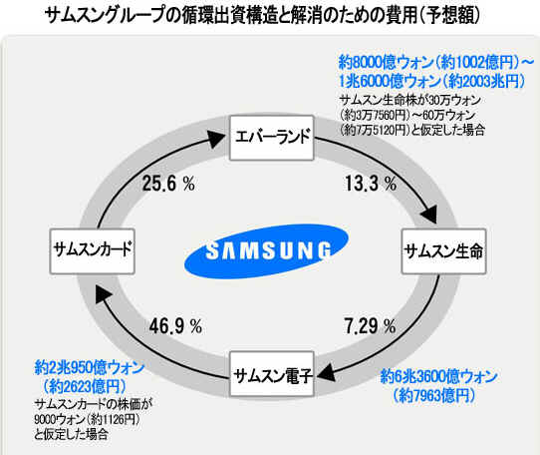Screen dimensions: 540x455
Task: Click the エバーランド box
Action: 272,138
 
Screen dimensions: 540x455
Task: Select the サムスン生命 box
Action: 444,251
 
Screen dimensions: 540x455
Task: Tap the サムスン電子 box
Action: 272,374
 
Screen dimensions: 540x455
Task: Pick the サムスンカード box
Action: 92,251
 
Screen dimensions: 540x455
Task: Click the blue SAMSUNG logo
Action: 266,250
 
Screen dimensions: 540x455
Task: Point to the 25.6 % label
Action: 168,183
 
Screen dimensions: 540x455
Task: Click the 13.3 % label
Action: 371,183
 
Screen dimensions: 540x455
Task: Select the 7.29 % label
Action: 370,326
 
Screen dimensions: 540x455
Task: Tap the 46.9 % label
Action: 175,326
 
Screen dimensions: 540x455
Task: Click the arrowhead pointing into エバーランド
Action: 216,138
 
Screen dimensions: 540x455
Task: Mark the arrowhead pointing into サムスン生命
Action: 429,215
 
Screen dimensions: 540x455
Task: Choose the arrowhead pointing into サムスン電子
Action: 325,372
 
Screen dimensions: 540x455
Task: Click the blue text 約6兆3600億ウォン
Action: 438,376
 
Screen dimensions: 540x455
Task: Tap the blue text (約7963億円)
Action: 433,394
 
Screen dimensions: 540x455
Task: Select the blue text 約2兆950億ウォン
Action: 90,368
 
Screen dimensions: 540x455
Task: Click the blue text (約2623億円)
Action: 84,386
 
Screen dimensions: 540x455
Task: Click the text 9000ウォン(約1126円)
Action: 87,419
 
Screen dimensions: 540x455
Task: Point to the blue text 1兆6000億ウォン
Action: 390,82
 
